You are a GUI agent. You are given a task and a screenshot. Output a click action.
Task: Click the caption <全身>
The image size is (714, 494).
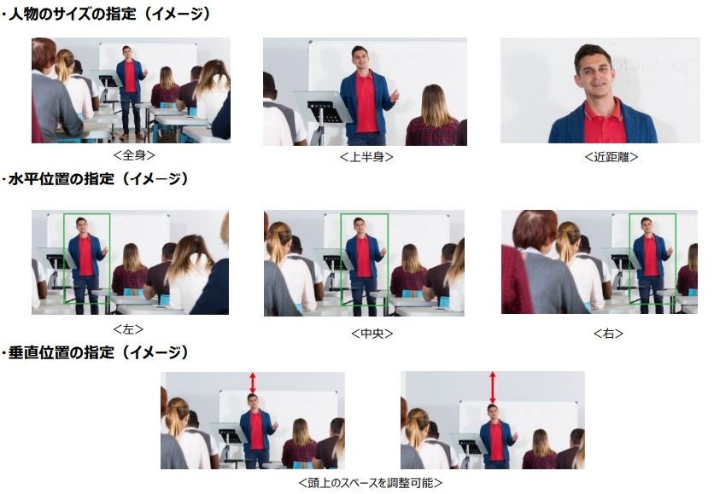point(134,155)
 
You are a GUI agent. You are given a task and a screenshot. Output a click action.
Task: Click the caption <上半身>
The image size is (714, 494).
point(366,157)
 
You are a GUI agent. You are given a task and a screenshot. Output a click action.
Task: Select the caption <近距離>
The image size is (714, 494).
point(612,157)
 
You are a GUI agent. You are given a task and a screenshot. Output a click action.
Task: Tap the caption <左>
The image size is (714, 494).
point(128,328)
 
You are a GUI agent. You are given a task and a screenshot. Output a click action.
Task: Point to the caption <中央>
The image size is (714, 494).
point(372,334)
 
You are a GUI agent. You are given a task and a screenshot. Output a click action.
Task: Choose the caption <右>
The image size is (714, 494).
point(608,334)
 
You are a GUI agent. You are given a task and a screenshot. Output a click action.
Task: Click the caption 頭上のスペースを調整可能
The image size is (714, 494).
point(370,483)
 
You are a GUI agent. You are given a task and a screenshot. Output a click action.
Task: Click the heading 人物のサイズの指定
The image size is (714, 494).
point(73,14)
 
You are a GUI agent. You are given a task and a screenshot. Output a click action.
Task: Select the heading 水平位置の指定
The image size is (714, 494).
point(61,178)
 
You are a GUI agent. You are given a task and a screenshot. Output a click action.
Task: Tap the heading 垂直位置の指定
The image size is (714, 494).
point(61,352)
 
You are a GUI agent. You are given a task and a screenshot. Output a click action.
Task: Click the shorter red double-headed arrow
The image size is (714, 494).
point(253,383)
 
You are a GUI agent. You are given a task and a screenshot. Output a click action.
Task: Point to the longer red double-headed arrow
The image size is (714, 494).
point(492,387)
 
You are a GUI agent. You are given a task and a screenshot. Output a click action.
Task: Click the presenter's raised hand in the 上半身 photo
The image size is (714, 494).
point(394,96)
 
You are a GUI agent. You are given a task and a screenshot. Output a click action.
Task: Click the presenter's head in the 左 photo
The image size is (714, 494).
point(81,225)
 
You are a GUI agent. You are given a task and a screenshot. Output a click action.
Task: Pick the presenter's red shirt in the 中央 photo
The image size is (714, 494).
point(363,257)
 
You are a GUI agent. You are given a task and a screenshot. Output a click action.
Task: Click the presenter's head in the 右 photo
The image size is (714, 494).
point(647,225)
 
